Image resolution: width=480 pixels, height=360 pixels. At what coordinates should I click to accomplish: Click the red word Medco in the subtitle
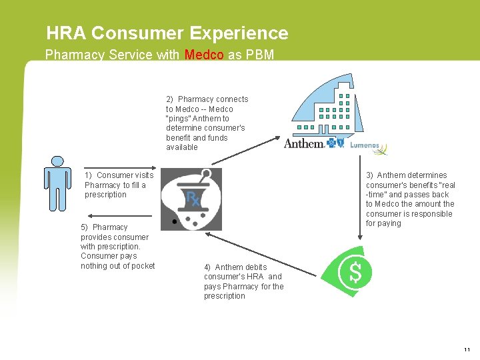[x=205, y=55]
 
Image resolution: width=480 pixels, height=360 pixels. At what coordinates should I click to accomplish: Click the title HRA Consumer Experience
[x=167, y=33]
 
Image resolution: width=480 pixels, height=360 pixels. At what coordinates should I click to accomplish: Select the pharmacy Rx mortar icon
[x=191, y=199]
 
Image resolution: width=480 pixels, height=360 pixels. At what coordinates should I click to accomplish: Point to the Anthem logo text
[x=304, y=143]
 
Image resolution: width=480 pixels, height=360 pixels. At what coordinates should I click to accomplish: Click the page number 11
[x=466, y=349]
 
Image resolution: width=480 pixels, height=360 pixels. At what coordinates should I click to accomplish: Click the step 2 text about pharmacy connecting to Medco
[x=207, y=123]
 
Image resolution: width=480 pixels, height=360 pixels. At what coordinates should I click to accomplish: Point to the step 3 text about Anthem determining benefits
[x=410, y=199]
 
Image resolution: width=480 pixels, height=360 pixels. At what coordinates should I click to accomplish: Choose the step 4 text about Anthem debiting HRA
[x=243, y=281]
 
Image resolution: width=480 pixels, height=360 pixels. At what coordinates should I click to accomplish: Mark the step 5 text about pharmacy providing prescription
[x=117, y=247]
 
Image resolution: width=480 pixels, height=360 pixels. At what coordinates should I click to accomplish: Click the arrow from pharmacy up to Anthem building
[x=246, y=151]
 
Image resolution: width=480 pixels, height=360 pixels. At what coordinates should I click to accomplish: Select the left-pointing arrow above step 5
[x=120, y=215]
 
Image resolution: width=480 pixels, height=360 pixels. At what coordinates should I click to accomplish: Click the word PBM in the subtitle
[x=259, y=55]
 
